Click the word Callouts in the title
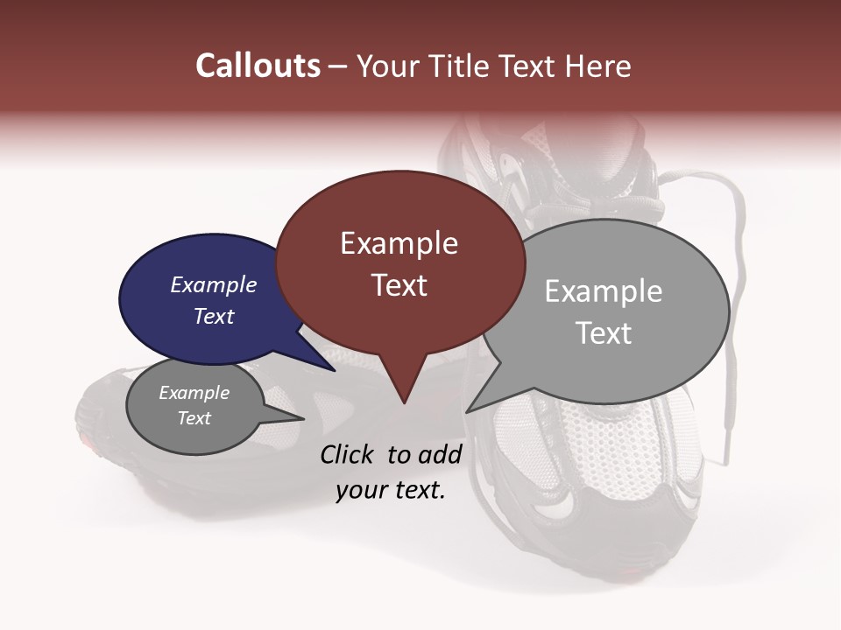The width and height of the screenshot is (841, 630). click(x=258, y=66)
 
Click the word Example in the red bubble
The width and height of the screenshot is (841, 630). click(x=399, y=243)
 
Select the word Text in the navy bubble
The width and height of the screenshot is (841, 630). click(x=214, y=316)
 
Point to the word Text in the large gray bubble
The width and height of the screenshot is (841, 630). click(x=604, y=333)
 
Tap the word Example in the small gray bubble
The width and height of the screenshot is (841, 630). click(x=194, y=393)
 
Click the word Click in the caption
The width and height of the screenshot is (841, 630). click(x=349, y=454)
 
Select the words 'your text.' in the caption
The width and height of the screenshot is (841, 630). click(x=391, y=490)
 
